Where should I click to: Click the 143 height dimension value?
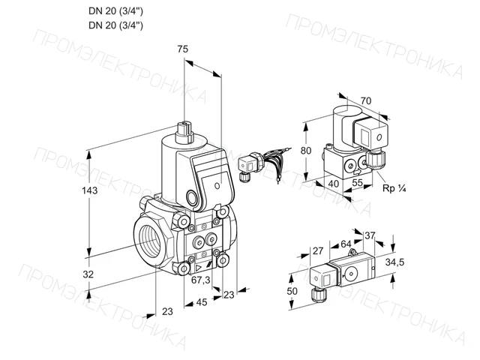(90, 190)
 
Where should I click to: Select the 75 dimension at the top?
(182, 49)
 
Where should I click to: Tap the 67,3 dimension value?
(201, 280)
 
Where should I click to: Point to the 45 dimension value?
(202, 302)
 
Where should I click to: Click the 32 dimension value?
(88, 274)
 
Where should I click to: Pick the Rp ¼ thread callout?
(394, 188)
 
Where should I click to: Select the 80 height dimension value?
(305, 151)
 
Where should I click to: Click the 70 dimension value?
(366, 100)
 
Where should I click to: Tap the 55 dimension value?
(357, 183)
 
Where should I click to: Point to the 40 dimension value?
(333, 184)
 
